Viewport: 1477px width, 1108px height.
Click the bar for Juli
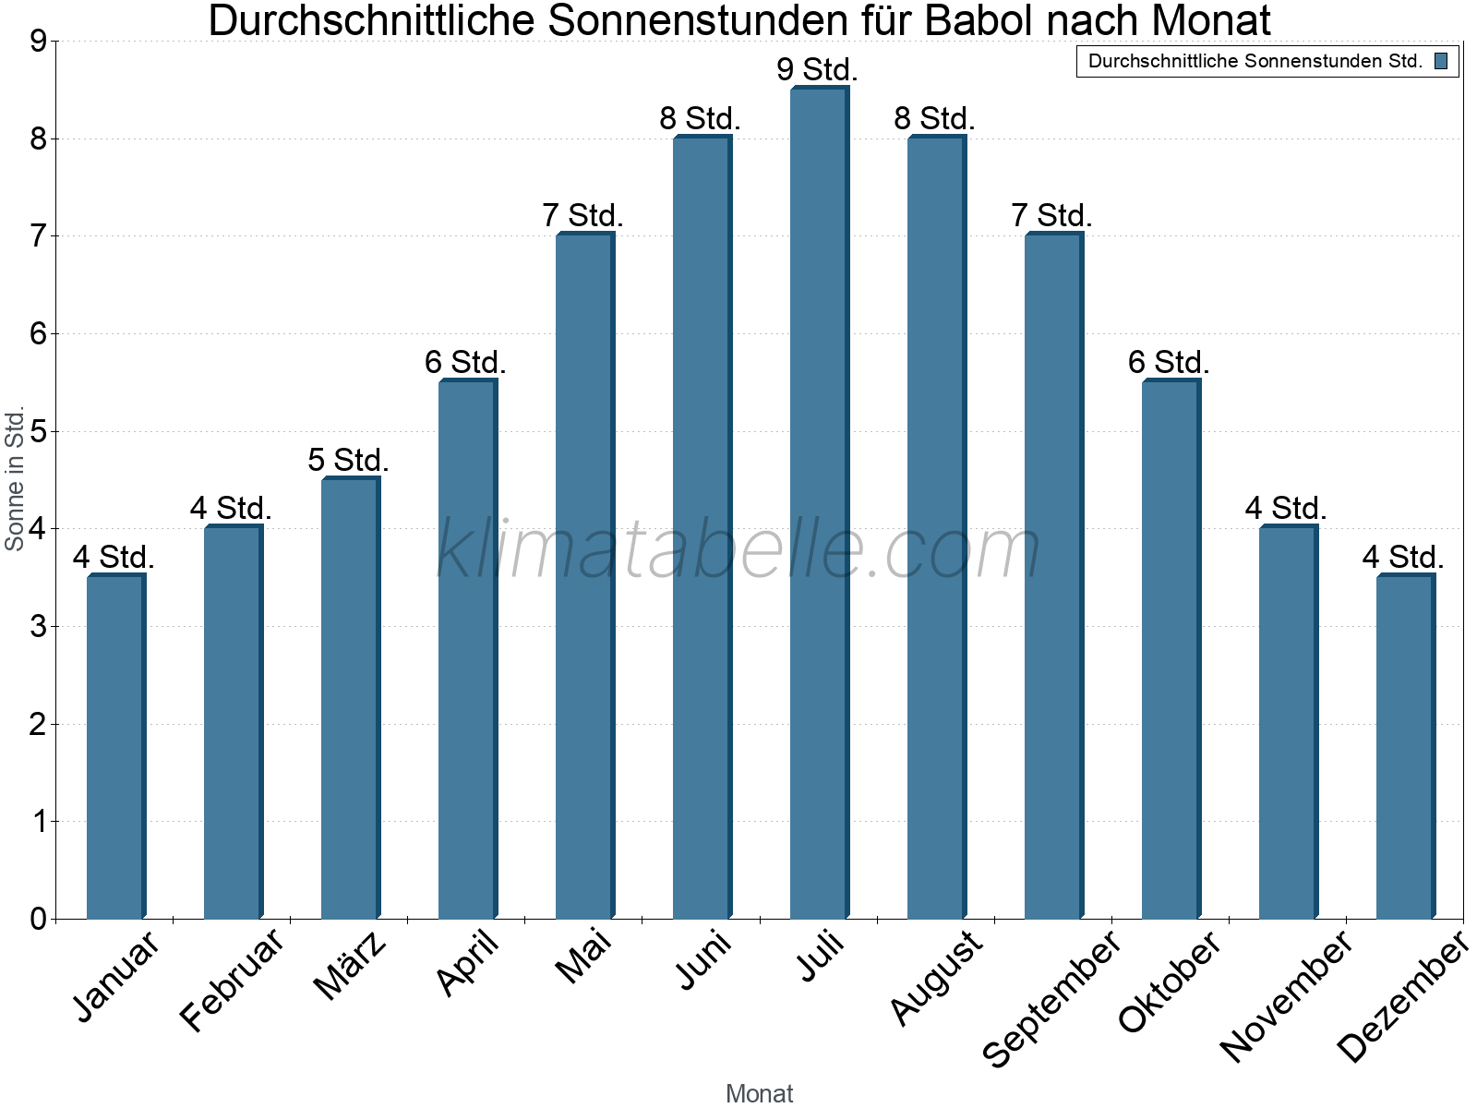point(819,503)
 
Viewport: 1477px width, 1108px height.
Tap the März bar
point(350,698)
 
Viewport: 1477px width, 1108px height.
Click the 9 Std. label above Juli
point(817,70)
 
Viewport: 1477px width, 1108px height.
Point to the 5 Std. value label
point(348,460)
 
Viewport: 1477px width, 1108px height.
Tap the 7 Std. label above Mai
point(582,216)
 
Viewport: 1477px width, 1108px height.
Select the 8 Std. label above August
point(934,119)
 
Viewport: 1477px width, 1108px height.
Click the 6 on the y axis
point(38,334)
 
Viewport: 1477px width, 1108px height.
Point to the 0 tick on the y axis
point(38,919)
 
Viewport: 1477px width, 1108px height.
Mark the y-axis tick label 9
point(38,42)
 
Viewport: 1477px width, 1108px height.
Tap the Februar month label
point(232,981)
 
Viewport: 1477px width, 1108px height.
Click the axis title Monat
point(759,1093)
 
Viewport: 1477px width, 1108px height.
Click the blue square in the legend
point(1441,62)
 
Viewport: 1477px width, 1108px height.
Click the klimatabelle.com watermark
point(738,549)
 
